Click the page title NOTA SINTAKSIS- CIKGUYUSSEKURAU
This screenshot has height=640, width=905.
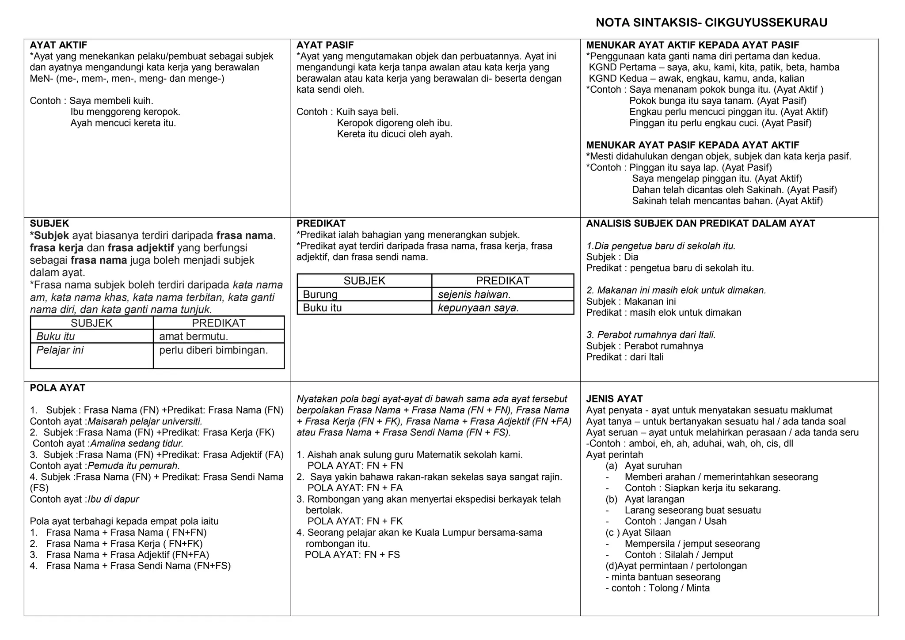[x=711, y=23]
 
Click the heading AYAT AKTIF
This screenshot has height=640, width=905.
[x=58, y=45]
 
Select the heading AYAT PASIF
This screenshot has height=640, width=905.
[x=325, y=45]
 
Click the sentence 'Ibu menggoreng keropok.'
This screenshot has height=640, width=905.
[x=125, y=112]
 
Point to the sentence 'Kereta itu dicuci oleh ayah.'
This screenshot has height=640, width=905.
[x=395, y=134]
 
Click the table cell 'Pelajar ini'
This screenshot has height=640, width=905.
[x=60, y=350]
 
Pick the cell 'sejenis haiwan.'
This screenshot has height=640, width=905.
[x=474, y=295]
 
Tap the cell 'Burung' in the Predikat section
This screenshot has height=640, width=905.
[x=320, y=295]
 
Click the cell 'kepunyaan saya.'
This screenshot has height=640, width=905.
[x=478, y=308]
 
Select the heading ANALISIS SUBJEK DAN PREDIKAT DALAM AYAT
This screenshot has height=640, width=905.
[x=700, y=223]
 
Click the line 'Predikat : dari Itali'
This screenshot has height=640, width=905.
[x=624, y=357]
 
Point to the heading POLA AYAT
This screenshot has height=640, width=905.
[x=57, y=388]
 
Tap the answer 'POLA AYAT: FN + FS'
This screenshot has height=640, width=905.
[x=352, y=555]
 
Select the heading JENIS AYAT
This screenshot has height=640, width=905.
[x=614, y=399]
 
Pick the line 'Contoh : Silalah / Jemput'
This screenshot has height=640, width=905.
[x=678, y=555]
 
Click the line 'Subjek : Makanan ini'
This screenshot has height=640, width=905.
[x=631, y=302]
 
